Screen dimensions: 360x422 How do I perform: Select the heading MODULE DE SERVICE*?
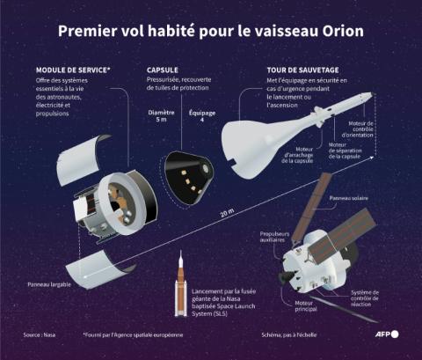click(x=73, y=70)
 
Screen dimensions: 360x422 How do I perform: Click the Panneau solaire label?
click(x=349, y=199)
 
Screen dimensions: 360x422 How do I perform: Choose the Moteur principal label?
click(x=305, y=306)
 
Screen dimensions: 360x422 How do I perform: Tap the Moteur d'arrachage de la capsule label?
click(x=298, y=155)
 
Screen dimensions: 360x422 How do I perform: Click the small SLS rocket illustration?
click(x=181, y=286)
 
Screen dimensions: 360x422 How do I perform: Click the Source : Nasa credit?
click(x=40, y=336)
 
